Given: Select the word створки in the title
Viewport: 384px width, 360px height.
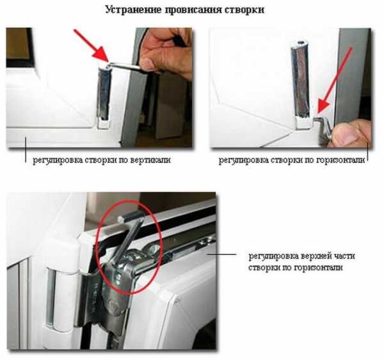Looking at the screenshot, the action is coord(245,10).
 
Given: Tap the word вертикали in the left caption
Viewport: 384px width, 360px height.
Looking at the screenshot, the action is coord(150,160).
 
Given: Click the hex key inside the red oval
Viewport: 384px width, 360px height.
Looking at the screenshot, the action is coord(127,243).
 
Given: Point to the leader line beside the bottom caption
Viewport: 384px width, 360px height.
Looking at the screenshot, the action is coord(222,254).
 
